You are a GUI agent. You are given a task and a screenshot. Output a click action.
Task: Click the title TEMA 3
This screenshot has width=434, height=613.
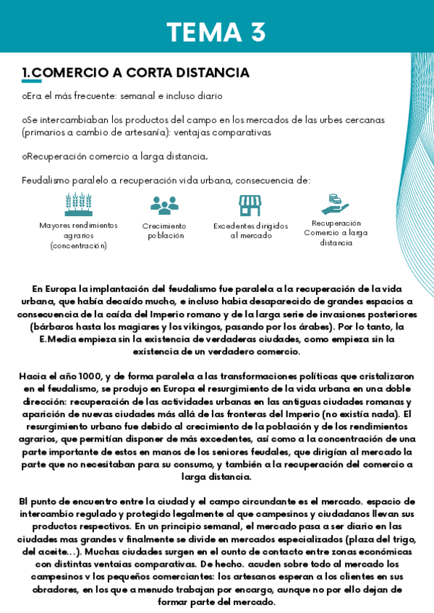[216, 32]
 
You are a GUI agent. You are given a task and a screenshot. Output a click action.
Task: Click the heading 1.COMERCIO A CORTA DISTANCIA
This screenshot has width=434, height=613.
[135, 73]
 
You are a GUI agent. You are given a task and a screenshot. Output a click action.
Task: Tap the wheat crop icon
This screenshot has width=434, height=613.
[78, 205]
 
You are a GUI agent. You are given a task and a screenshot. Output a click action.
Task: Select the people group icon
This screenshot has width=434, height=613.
[164, 205]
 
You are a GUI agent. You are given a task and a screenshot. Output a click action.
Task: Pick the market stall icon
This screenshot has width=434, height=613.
[250, 205]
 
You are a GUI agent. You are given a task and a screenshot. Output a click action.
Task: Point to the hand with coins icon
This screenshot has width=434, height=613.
[334, 203]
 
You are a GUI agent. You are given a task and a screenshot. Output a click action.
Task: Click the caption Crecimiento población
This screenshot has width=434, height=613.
[165, 231]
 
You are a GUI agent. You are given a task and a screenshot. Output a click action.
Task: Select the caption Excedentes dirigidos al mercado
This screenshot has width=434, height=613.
[250, 231]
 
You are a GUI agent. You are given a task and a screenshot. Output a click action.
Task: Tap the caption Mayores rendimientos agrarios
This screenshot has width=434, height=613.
[78, 235]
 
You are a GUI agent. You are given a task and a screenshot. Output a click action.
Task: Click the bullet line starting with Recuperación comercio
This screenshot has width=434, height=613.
[116, 156]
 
